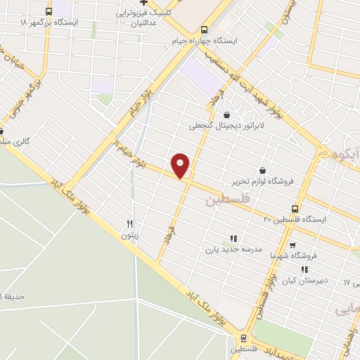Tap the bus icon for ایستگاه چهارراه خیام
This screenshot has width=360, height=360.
point(204,30)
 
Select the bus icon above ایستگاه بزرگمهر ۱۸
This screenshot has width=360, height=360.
point(48,12)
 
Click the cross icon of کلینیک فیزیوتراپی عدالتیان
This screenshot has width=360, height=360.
point(141,2)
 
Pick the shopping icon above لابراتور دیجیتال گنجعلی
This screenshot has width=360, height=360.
point(226,115)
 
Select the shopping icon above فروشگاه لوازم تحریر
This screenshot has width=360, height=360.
point(262,170)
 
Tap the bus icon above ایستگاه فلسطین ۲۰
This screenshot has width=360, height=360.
point(295,209)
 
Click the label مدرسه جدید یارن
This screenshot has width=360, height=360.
point(233,249)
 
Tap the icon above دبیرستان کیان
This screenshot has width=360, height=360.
point(304,269)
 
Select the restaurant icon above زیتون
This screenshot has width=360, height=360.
point(129,224)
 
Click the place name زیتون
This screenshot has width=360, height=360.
point(129,236)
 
